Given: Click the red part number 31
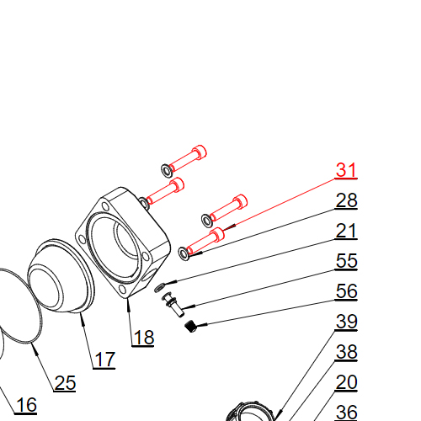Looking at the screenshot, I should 346,170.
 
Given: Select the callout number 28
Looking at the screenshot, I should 346,200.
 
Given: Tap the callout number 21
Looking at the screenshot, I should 346,231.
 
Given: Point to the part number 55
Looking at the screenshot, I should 346,261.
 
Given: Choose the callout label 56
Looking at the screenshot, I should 346,291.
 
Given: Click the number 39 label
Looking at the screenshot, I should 346,322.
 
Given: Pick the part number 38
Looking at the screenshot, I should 346,352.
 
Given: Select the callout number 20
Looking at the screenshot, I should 346,382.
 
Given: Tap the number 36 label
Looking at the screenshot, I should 346,412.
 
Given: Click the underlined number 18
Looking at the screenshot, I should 143,338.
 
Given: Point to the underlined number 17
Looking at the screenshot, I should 104,360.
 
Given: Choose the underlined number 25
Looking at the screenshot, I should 65,383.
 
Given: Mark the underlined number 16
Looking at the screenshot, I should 26,405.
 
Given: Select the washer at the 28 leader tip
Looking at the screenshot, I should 183,251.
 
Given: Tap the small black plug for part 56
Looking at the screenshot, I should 190,327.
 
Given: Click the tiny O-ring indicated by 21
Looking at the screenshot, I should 161,287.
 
